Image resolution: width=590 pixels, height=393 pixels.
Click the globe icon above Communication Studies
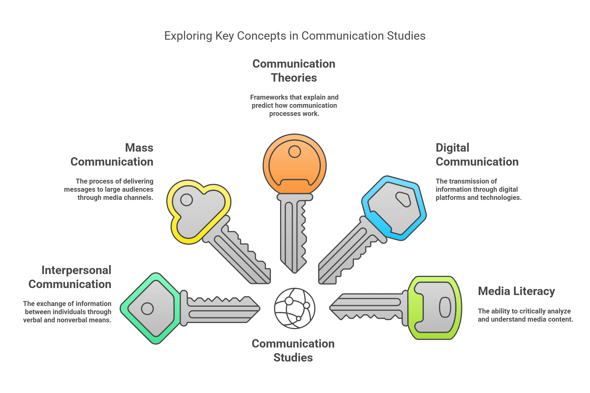pos(294,308)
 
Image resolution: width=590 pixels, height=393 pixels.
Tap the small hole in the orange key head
pos(294,151)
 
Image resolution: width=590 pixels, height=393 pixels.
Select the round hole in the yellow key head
pos(186,200)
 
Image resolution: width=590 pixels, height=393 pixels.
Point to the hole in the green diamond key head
pos(147,309)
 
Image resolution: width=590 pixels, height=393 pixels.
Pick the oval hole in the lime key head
pos(445,307)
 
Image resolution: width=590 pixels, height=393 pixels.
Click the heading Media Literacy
pos(516,291)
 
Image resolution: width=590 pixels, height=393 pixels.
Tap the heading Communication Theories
pos(294,71)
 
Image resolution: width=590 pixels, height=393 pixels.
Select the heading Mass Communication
pos(112,155)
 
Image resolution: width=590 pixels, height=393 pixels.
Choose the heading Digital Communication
pos(477,155)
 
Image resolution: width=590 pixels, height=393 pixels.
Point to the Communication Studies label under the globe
pos(293,350)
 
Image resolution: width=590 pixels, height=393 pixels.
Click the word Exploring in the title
pos(188,36)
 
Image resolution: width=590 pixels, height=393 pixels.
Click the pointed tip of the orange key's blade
pos(294,272)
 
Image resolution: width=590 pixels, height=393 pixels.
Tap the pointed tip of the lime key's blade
pos(330,308)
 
